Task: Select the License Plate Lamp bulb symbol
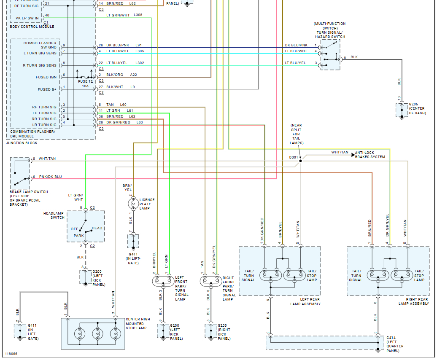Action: tap(133, 204)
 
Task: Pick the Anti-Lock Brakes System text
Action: tap(370, 155)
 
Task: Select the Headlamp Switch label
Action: tap(54, 215)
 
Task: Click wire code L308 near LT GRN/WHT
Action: tap(138, 15)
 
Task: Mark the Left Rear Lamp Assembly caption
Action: tap(305, 301)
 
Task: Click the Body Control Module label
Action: tap(32, 27)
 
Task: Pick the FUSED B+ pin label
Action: tap(47, 89)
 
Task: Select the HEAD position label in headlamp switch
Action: tap(97, 228)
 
